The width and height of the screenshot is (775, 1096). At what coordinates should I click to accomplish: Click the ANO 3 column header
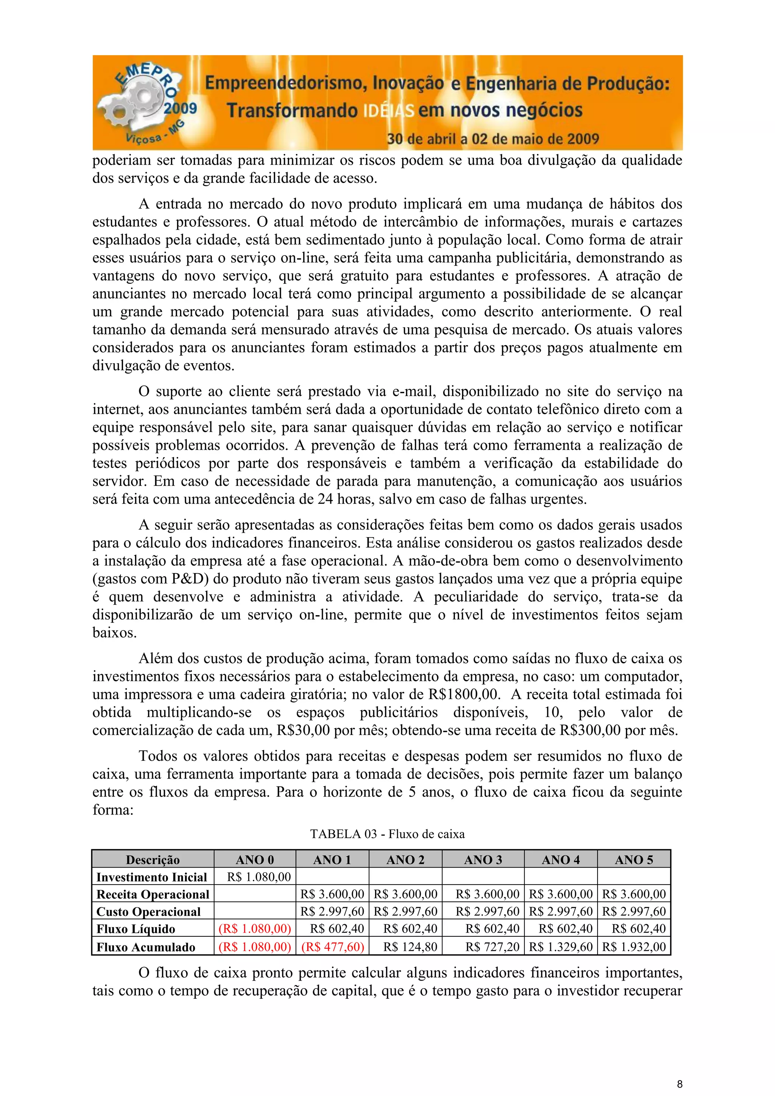coord(483,860)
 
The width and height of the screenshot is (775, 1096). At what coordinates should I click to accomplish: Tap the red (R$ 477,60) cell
coord(332,947)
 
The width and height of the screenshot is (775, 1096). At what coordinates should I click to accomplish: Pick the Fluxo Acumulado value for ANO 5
coord(633,947)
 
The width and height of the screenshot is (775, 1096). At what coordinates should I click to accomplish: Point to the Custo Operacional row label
coord(148,912)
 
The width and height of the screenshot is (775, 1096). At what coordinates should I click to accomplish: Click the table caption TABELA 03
coord(387,834)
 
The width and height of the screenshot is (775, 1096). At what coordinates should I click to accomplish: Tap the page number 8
coord(680,1084)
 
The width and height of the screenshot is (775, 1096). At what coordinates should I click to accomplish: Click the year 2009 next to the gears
coord(181,108)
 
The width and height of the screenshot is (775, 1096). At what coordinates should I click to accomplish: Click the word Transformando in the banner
coord(292,110)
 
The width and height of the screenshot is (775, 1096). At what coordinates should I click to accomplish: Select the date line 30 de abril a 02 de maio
coord(492,139)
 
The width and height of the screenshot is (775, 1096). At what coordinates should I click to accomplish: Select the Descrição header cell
coord(153,860)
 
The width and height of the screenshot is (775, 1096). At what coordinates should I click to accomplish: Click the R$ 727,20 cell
coord(492,947)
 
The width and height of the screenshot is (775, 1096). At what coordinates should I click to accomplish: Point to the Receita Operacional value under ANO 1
coord(332,894)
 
